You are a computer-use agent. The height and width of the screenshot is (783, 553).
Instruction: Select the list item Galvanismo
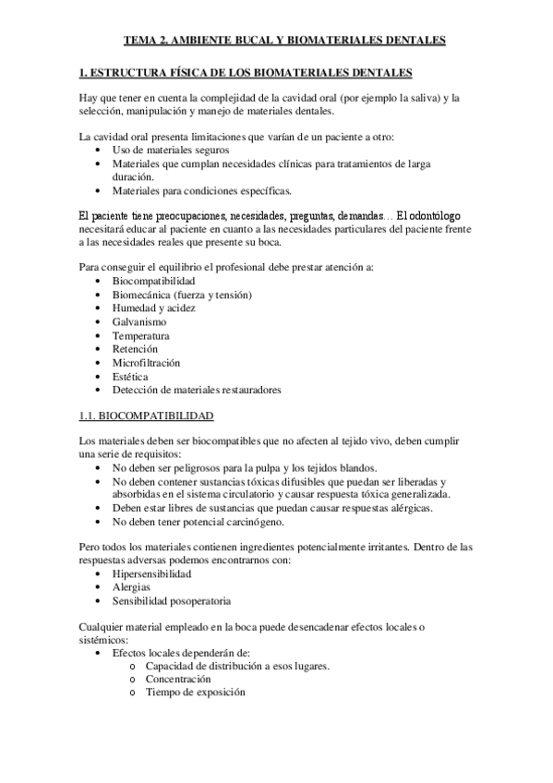tap(139, 321)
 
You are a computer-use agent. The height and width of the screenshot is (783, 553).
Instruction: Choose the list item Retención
tap(135, 349)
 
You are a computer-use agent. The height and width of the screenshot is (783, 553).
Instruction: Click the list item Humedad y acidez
tap(153, 307)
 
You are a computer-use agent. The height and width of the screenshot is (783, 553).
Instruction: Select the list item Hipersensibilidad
tap(151, 574)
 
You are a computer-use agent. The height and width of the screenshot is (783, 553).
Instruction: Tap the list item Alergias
tap(131, 587)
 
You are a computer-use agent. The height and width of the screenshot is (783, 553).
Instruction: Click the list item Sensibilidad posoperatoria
tap(171, 601)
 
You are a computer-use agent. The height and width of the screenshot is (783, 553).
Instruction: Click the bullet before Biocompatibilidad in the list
tap(100, 281)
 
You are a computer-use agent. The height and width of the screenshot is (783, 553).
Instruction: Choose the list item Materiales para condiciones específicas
tap(201, 191)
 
